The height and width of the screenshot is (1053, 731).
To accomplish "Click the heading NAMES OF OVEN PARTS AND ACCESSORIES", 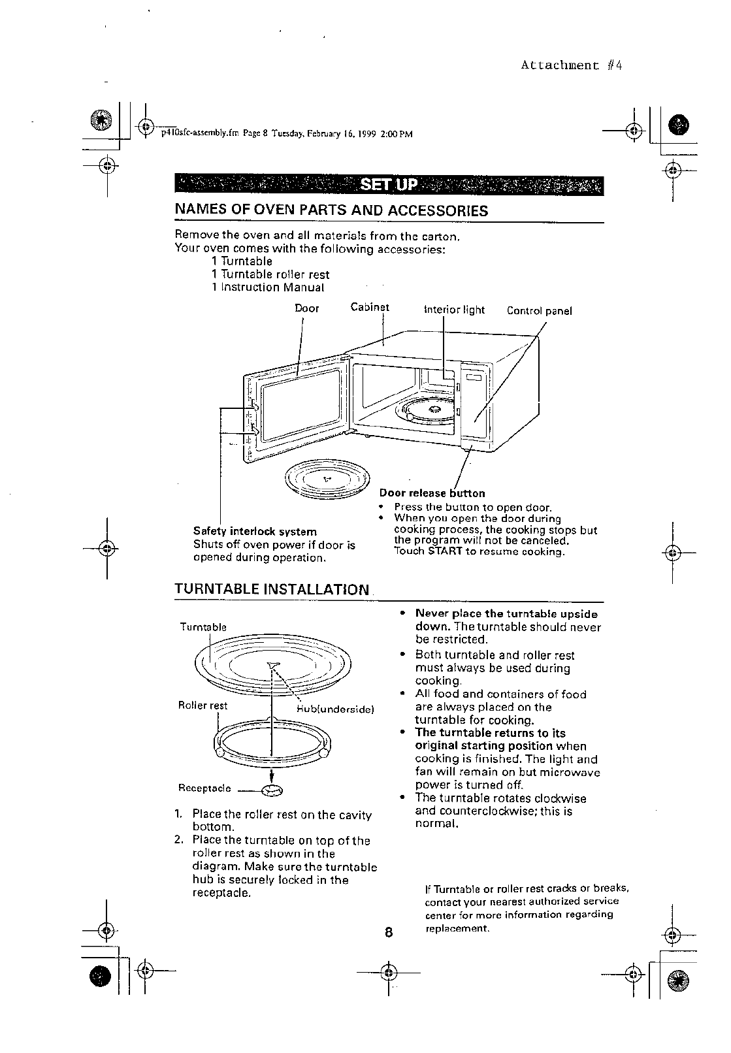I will [331, 210].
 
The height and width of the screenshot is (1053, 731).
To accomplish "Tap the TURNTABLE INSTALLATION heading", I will [272, 589].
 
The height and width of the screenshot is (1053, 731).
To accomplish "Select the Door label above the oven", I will [307, 308].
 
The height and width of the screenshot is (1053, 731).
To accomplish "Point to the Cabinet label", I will [370, 307].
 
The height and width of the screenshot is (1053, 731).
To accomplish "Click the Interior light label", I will [454, 310].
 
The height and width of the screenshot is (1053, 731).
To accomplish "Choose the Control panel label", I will [539, 311].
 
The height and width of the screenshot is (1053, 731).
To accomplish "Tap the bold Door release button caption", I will [432, 493].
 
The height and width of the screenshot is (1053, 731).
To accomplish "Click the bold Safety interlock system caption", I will [255, 532].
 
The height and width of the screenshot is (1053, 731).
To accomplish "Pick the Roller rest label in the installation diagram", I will [203, 705].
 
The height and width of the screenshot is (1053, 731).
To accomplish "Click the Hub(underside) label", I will [334, 708].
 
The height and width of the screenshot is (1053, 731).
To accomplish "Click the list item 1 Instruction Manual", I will [268, 287].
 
